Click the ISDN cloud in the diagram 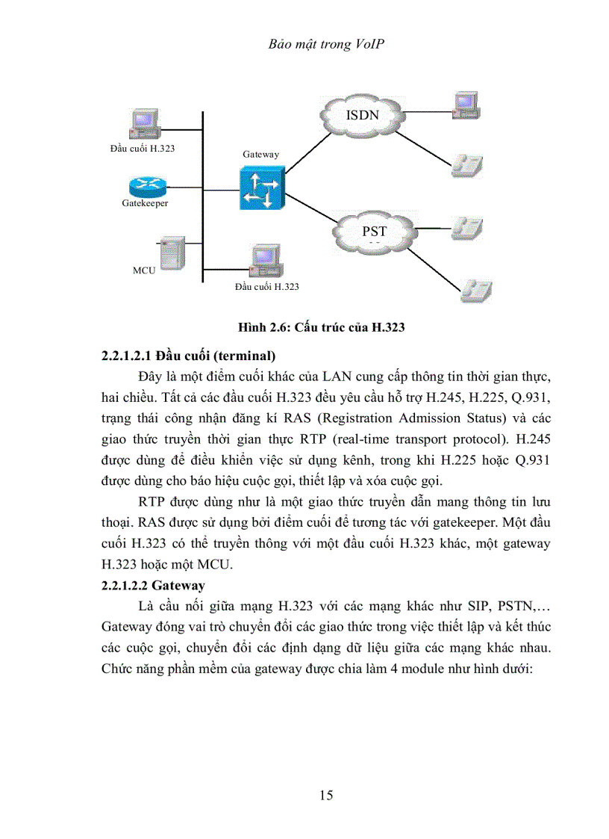(362, 116)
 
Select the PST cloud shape (373, 232)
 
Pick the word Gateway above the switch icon (260, 154)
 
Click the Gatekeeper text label (145, 203)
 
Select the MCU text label (144, 270)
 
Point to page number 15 (325, 794)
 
